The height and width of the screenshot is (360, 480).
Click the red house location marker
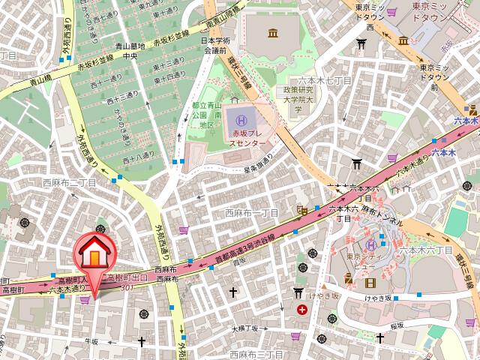(94, 255)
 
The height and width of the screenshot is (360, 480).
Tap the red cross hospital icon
(301, 310)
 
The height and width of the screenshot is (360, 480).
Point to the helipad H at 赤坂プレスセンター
(241, 119)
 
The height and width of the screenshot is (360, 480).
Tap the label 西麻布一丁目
(251, 213)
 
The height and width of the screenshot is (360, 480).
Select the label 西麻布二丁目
(69, 182)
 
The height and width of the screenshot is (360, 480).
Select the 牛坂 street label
(91, 341)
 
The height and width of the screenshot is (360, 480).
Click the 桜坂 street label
(396, 325)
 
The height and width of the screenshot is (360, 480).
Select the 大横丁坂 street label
(244, 328)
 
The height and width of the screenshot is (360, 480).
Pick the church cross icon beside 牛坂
(141, 342)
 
